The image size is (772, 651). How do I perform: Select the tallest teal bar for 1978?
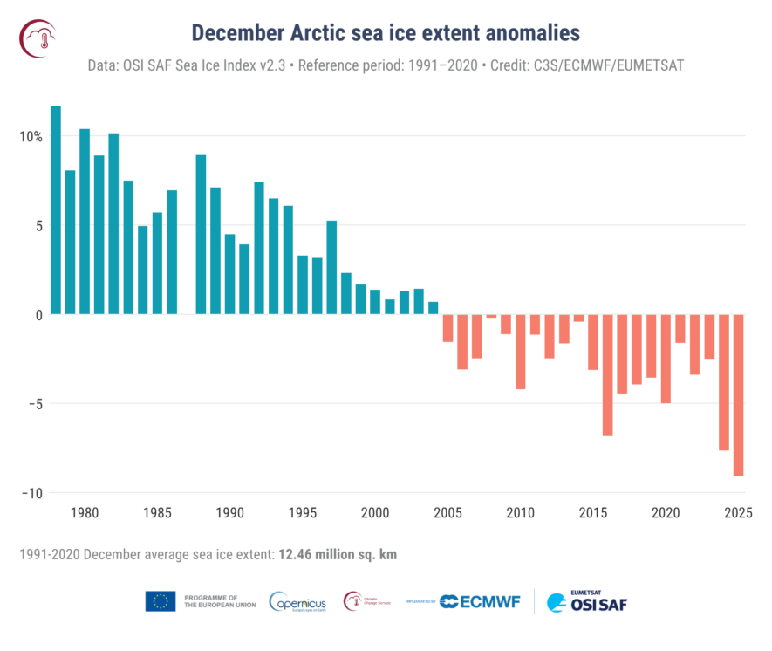click(x=56, y=210)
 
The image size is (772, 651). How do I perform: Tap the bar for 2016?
click(x=607, y=374)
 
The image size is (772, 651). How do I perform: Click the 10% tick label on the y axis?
click(x=31, y=137)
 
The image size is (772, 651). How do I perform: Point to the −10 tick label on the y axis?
click(x=31, y=493)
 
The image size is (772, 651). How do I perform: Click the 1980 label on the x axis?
click(x=85, y=512)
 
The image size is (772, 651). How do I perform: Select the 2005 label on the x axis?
click(x=448, y=512)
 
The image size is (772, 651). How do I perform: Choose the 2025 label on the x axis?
click(x=739, y=512)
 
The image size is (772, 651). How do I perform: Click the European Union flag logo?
click(x=161, y=601)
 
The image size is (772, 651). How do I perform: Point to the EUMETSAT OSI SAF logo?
click(x=586, y=601)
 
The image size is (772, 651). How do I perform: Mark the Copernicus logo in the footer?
click(x=297, y=601)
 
